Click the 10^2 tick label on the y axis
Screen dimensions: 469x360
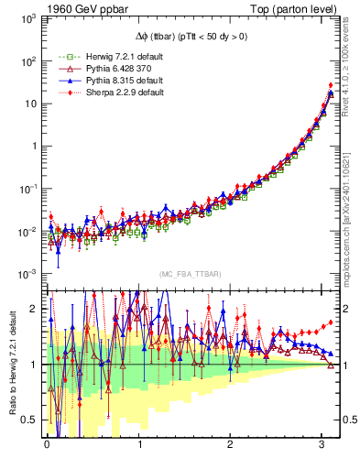point(26,61)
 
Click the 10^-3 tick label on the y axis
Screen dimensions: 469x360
point(25,274)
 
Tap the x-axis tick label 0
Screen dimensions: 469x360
point(47,444)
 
